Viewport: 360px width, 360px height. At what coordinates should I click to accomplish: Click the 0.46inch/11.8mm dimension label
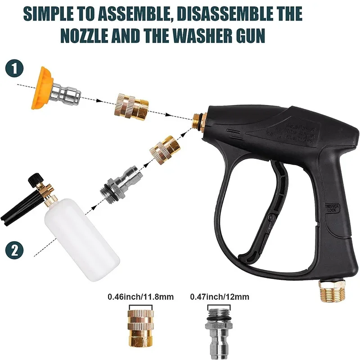coord(140,297)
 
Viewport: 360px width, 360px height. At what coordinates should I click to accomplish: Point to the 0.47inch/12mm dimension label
coord(219,297)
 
